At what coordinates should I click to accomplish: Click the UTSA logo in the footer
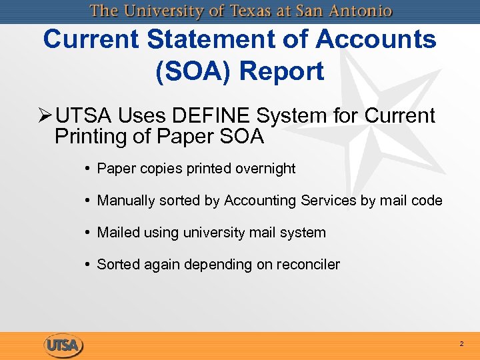(x=64, y=345)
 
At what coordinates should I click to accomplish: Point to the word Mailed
(x=117, y=233)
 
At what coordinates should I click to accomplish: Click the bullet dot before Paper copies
(x=89, y=169)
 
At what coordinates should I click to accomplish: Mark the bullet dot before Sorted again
(x=89, y=265)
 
